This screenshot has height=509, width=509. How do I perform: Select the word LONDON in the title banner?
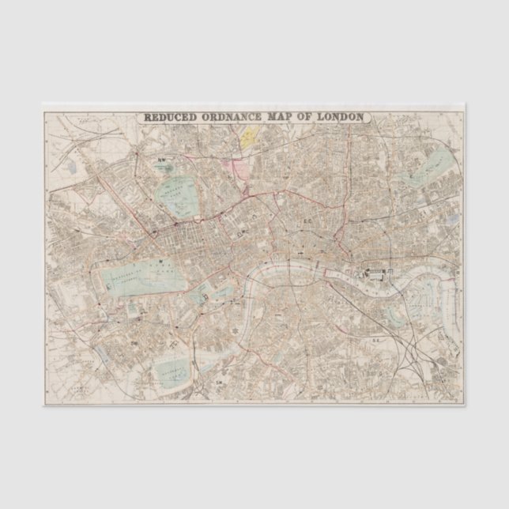coord(339,118)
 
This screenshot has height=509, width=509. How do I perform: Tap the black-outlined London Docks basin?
coord(375,274)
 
